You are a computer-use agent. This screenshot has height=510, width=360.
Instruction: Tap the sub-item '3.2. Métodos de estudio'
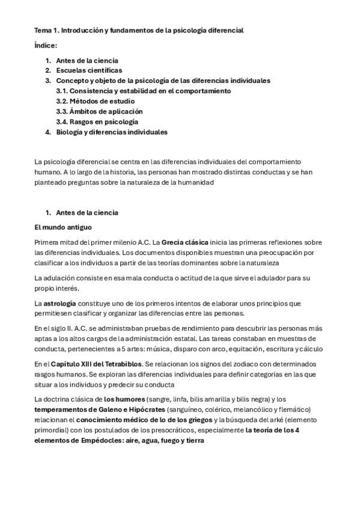pos(95,101)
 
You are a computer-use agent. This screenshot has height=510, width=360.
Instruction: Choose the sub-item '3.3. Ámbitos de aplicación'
pos(99,111)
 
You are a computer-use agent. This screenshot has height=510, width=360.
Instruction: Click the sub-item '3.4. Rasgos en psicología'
pos(97,121)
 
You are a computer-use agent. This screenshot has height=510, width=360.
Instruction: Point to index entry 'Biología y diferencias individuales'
pos(112,132)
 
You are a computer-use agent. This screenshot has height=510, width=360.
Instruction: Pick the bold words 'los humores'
pos(121,399)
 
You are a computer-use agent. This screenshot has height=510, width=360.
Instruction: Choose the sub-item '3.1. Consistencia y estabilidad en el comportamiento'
pos(143,91)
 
